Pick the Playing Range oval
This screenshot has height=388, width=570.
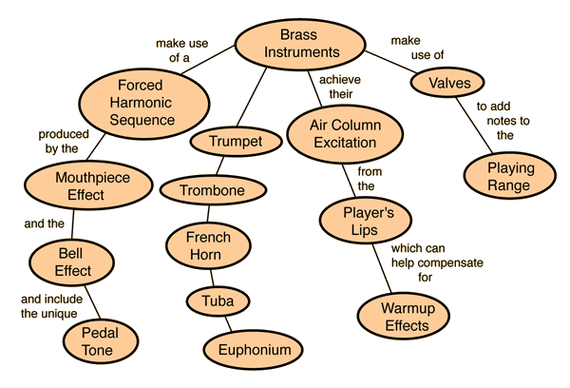[x=509, y=176]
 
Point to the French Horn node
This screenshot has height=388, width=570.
[x=202, y=245]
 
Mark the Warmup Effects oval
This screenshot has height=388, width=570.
[x=405, y=317]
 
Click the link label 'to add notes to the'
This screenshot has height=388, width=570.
[x=505, y=120]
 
